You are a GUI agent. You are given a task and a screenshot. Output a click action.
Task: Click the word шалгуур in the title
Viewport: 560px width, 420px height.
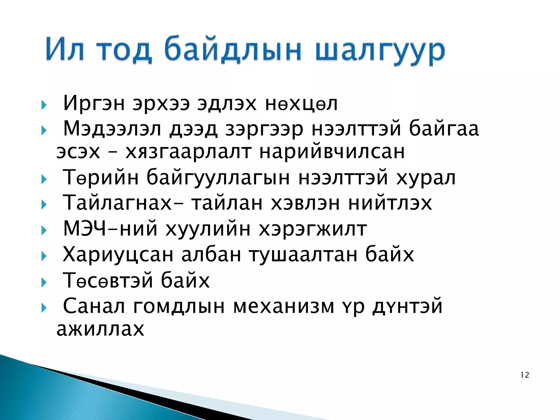tap(380, 51)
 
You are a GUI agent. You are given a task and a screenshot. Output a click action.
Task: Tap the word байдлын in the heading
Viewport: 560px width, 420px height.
tap(232, 49)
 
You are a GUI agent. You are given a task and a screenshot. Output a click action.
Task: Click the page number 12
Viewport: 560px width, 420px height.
tap(525, 375)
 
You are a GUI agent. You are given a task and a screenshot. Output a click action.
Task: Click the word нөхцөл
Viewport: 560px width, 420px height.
tap(301, 104)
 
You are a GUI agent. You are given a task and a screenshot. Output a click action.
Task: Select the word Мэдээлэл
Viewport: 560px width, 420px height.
tap(112, 129)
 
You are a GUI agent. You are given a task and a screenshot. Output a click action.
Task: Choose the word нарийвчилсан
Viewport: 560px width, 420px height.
tap(332, 152)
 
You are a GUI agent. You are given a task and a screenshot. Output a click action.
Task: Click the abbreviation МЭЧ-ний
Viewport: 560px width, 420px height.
tap(110, 229)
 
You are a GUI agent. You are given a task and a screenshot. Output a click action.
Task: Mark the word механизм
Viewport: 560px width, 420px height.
tap(284, 306)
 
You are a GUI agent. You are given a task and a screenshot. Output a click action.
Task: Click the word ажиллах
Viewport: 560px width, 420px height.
tap(100, 329)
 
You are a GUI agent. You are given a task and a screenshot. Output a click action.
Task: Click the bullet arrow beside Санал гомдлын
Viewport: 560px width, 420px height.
tap(44, 308)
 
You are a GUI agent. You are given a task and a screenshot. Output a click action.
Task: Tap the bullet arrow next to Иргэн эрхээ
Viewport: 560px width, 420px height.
tap(44, 105)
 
